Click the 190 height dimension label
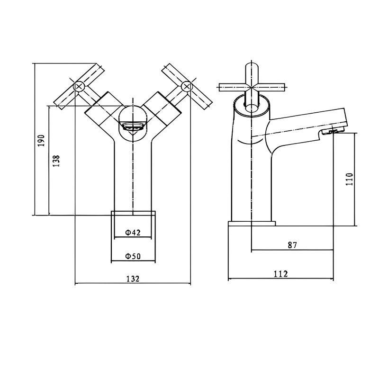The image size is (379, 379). coord(41,140)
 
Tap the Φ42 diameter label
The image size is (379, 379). coord(133,233)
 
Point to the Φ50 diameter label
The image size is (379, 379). coord(133,256)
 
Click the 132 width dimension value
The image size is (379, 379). coord(133,279)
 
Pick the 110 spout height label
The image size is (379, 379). coord(350,180)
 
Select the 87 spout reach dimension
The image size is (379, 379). coord(292,245)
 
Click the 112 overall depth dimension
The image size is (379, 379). coord(280,273)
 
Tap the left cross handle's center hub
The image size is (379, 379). coord(79,86)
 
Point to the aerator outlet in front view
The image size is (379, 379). coord(133,126)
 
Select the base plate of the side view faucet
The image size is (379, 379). coord(252,222)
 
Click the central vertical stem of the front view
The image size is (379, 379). coord(133,175)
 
